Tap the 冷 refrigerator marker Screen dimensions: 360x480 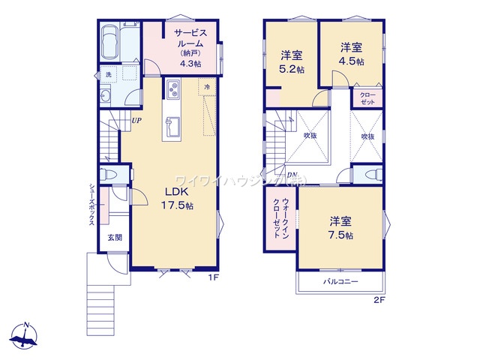point(207,87)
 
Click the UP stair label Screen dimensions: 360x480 point(136,120)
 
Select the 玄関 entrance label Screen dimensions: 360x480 point(115,238)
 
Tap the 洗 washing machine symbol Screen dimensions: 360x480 point(108,75)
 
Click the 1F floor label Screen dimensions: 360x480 point(213,277)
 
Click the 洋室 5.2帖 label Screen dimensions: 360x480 point(292,61)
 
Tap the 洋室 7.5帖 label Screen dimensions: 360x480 point(340,227)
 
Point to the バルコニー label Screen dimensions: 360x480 point(341,282)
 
